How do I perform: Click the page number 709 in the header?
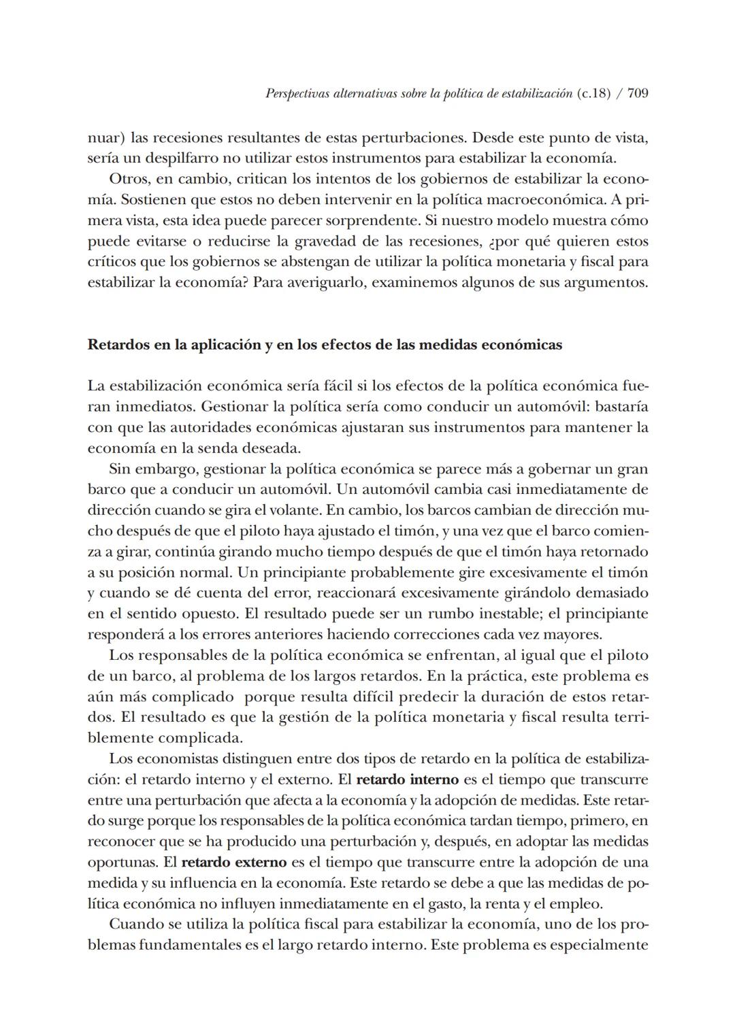[637, 94]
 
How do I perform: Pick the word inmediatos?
[131, 407]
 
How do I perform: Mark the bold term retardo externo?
[234, 862]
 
